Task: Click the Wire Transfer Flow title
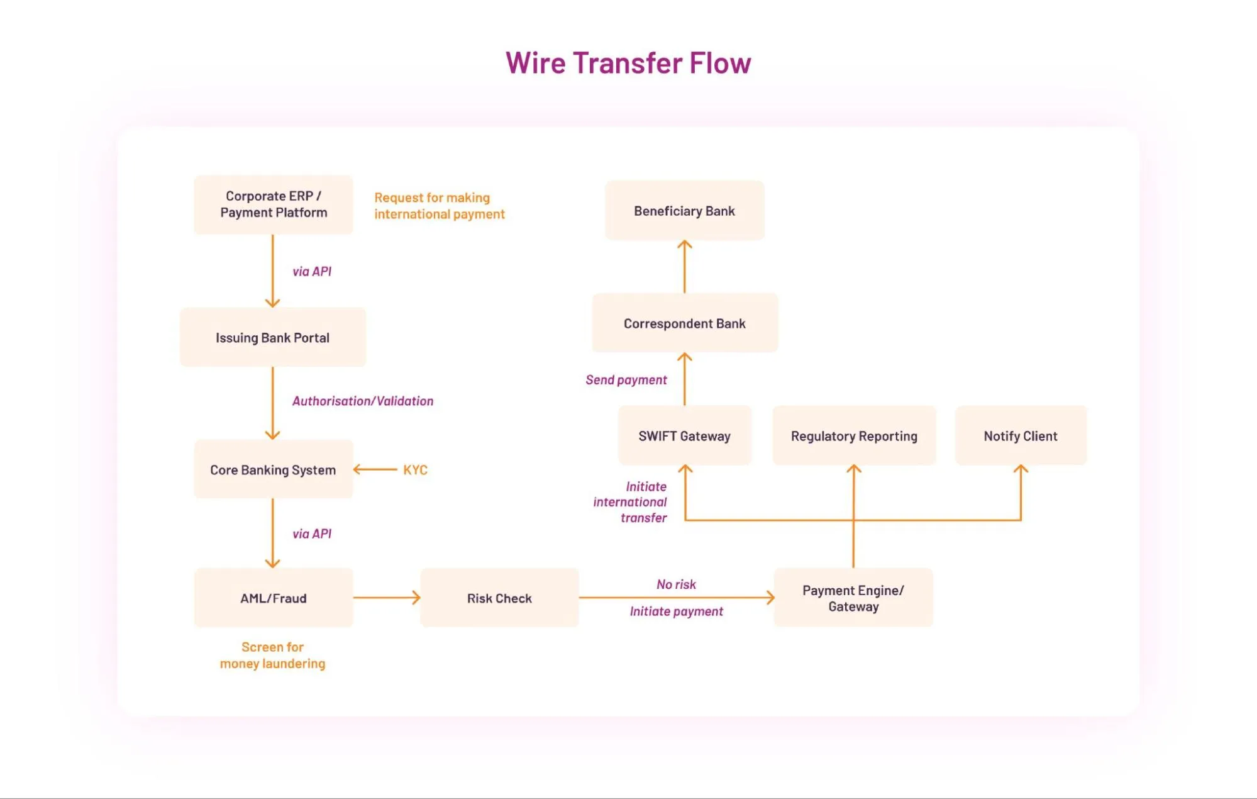628,63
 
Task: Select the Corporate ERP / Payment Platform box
274,204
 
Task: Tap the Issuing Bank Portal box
273,337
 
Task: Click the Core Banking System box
274,469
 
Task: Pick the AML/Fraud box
274,598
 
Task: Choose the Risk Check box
499,598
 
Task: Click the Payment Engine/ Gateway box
853,598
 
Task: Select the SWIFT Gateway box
685,435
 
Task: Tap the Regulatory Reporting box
854,435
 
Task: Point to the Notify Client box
1021,435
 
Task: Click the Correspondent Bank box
685,323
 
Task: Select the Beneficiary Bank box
685,211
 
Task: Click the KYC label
415,469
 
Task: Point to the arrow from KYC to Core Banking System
375,469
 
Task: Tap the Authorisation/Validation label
363,401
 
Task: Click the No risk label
676,584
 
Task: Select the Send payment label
626,379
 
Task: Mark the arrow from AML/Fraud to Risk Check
387,598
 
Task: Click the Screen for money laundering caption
273,655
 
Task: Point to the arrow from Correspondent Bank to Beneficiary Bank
685,266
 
